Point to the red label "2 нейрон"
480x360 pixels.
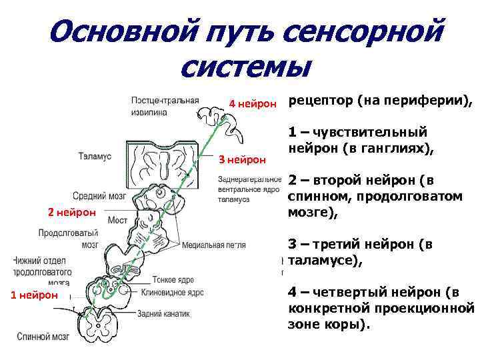(72, 212)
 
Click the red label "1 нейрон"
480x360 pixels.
(34, 295)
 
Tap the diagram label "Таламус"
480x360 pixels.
(94, 157)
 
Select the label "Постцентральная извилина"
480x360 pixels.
(165, 107)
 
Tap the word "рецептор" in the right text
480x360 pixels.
(320, 101)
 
